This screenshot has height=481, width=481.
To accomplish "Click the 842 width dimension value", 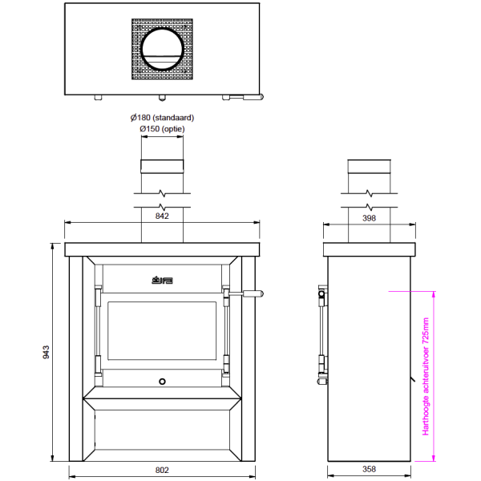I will tap(163, 216).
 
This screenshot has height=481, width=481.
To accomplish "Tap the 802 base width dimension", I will tap(163, 469).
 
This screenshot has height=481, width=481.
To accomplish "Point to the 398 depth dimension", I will tap(369, 216).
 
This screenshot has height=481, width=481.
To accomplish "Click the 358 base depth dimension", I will tap(369, 469).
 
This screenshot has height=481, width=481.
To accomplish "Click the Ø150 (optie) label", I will tap(162, 128).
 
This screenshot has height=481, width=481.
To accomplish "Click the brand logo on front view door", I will tap(163, 281).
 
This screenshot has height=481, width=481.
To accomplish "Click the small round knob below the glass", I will tap(163, 381).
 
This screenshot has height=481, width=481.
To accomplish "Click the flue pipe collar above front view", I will tap(163, 167).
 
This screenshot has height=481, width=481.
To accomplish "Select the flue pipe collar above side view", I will tap(369, 167).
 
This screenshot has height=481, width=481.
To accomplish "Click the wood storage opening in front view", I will tap(163, 433).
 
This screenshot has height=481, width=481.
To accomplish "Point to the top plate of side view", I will tap(369, 249).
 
